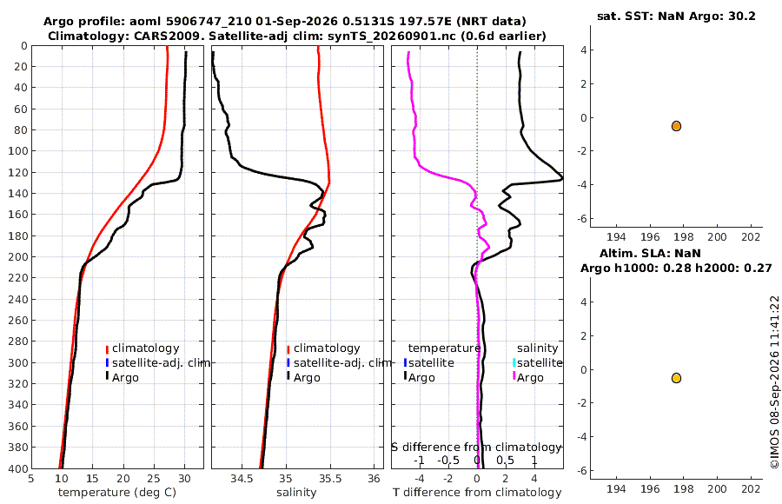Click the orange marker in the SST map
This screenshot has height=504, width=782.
point(676,126)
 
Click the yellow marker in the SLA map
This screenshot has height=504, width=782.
point(676,378)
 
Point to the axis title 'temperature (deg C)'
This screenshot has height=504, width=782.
point(117,493)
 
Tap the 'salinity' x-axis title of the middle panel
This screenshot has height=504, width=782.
point(296,493)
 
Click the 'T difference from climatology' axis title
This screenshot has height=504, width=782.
point(477,493)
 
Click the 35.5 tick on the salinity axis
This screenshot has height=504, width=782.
point(330,479)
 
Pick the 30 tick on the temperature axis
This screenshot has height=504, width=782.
point(184,479)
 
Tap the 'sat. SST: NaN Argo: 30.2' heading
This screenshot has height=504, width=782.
point(676,16)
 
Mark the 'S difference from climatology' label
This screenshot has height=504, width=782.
point(476,448)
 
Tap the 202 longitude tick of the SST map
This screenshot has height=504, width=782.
point(751,237)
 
